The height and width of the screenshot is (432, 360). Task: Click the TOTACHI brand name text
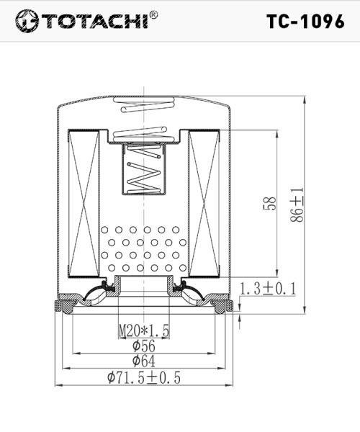(95, 21)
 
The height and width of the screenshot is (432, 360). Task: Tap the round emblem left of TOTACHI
(27, 21)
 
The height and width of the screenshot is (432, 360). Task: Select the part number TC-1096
(305, 22)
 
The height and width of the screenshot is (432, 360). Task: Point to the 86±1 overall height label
(297, 205)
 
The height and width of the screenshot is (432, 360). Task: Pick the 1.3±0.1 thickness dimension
(269, 289)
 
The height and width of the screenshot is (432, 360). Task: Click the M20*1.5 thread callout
(144, 330)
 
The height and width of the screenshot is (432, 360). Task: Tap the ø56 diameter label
(144, 346)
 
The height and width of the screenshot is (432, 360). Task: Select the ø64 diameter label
(144, 361)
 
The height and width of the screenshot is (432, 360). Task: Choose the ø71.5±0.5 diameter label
(144, 377)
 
